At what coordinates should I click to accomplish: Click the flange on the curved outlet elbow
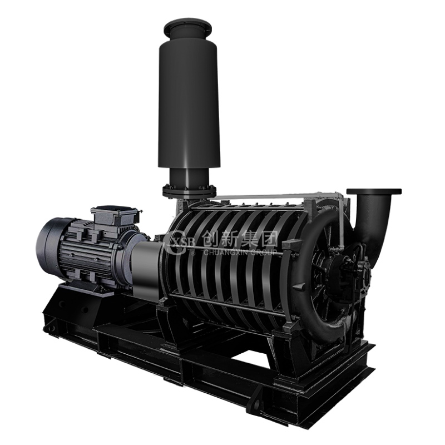pyautogui.click(x=374, y=191)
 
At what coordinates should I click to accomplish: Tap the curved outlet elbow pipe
pyautogui.click(x=374, y=216)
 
